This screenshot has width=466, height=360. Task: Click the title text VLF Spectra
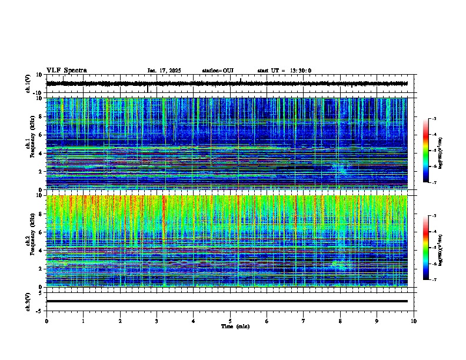[x=66, y=71]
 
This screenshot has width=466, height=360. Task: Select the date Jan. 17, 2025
[x=164, y=71]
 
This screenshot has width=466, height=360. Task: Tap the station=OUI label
[x=218, y=71]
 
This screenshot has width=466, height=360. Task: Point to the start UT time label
[x=284, y=71]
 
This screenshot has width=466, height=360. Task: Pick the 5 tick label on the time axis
[x=230, y=321]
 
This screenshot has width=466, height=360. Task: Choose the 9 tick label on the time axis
[x=377, y=321]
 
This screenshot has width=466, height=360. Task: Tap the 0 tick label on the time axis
[x=46, y=321]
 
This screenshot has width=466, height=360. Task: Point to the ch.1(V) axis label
[x=28, y=84]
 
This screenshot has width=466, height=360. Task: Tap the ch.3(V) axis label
[x=28, y=301]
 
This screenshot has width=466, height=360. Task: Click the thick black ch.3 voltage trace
[x=227, y=301]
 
